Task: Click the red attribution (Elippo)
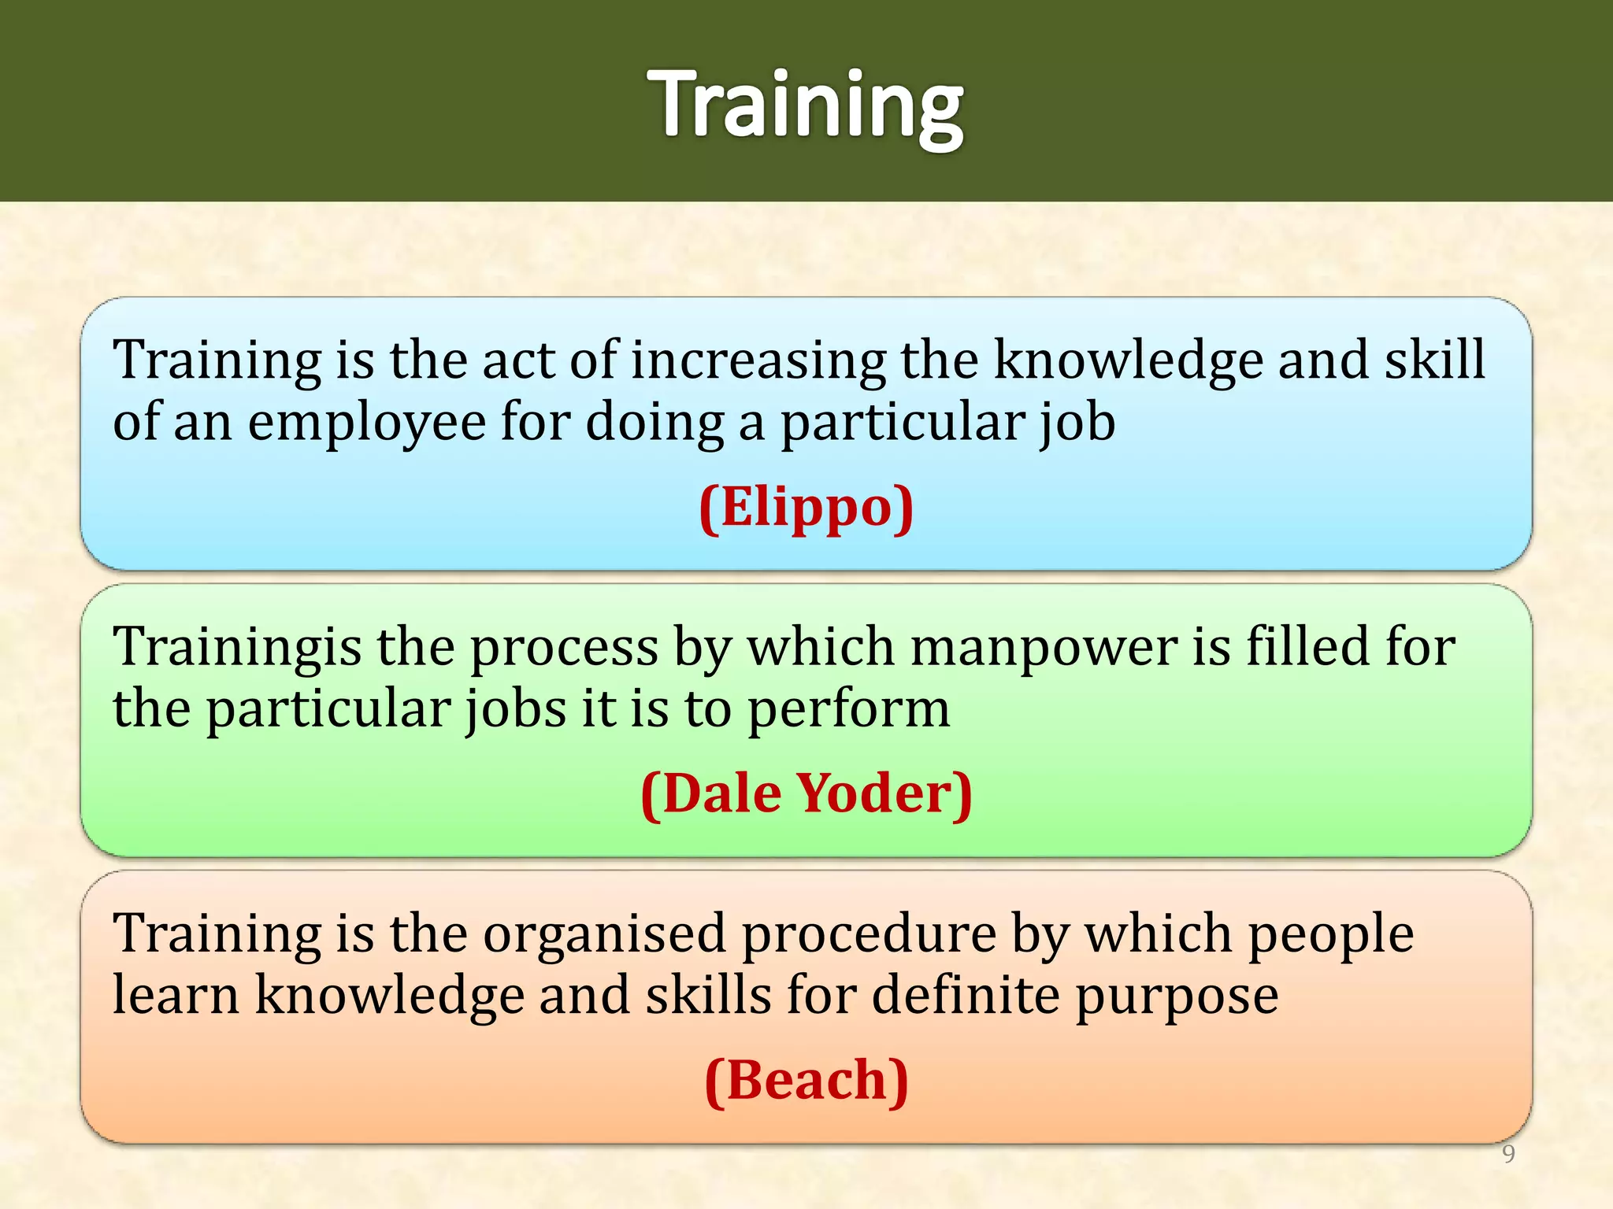click(806, 507)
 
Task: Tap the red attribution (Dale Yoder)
click(806, 793)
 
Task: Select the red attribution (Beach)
click(806, 1080)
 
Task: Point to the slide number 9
click(1508, 1154)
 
